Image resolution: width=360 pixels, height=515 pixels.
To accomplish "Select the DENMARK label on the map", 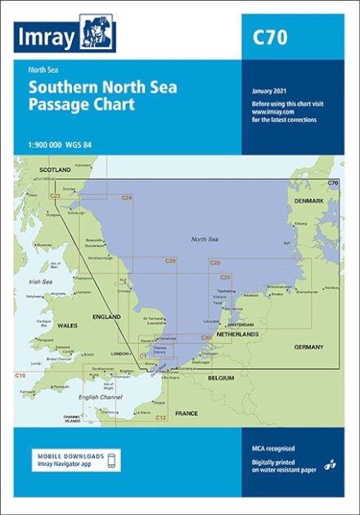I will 309,200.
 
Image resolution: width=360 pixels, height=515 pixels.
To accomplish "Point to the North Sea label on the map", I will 204,238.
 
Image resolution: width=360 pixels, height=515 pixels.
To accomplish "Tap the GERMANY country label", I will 308,347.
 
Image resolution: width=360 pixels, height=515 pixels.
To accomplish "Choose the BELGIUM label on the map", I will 221,377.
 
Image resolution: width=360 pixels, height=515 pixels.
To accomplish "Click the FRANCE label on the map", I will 186,413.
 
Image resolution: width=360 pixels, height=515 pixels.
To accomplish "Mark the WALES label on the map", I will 66,324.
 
